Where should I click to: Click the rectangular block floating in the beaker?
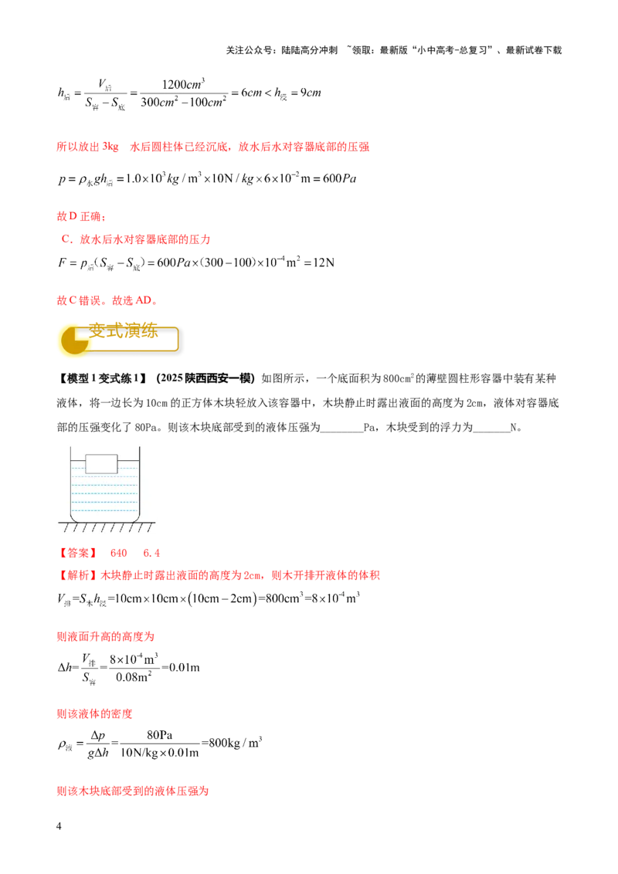click(101, 463)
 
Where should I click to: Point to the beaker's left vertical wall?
click(71, 483)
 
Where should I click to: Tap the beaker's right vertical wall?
click(138, 483)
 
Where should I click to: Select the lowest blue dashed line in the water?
click(104, 510)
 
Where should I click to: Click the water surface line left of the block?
click(78, 464)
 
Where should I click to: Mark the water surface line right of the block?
click(127, 464)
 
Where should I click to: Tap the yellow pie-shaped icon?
click(72, 340)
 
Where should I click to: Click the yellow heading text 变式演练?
click(124, 332)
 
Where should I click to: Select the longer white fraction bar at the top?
click(195, 91)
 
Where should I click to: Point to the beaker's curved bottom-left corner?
click(74, 517)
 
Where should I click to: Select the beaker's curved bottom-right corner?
click(135, 517)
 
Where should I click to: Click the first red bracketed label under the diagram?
click(78, 554)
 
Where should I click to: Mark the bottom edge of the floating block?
click(101, 473)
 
